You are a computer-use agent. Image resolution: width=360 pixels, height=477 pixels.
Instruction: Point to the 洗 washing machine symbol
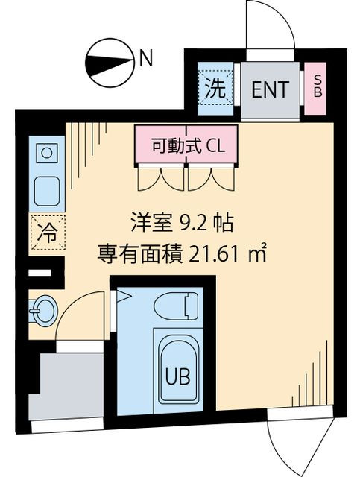pos(215,89)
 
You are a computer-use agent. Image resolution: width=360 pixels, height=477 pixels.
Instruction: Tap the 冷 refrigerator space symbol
pos(45,232)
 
